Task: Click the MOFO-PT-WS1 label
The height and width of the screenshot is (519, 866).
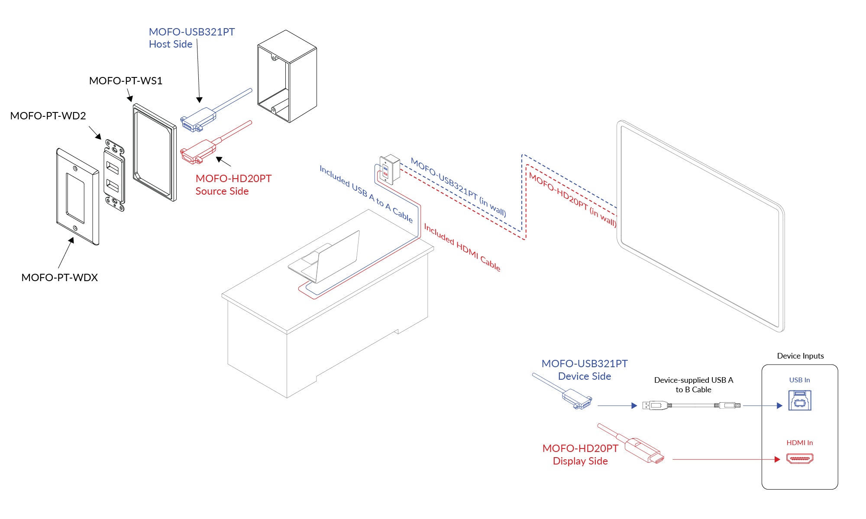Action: click(x=126, y=81)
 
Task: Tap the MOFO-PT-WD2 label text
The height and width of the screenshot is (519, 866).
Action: click(x=48, y=116)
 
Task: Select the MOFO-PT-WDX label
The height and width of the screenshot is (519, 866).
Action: click(x=60, y=278)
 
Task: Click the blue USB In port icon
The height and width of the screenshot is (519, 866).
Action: click(x=799, y=400)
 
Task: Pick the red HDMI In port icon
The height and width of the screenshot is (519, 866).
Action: click(x=799, y=458)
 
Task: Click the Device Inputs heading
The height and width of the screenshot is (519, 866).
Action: click(x=800, y=356)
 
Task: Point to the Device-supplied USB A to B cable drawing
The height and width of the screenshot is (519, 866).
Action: click(x=692, y=405)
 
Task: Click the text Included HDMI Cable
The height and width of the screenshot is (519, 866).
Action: click(x=462, y=248)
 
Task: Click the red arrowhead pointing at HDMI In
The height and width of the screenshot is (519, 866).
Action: click(x=777, y=459)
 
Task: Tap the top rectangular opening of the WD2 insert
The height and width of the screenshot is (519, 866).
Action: click(x=113, y=168)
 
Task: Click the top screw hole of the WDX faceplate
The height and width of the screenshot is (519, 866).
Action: click(x=75, y=168)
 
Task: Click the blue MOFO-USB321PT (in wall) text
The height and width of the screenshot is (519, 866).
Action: click(x=458, y=187)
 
